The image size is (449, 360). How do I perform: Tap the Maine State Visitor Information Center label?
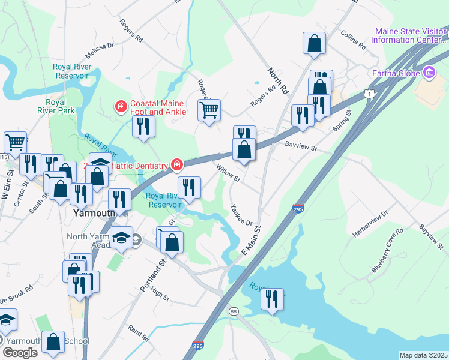click(409, 35)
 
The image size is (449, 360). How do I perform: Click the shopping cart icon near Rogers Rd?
click(209, 110)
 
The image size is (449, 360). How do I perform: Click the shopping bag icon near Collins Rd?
click(314, 43)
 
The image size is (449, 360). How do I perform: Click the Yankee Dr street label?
click(240, 215)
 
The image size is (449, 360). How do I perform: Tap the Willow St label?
click(228, 175)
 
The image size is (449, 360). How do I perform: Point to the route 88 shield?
click(234, 311)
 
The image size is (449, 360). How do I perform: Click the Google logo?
click(20, 352)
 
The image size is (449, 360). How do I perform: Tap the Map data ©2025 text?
click(423, 355)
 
